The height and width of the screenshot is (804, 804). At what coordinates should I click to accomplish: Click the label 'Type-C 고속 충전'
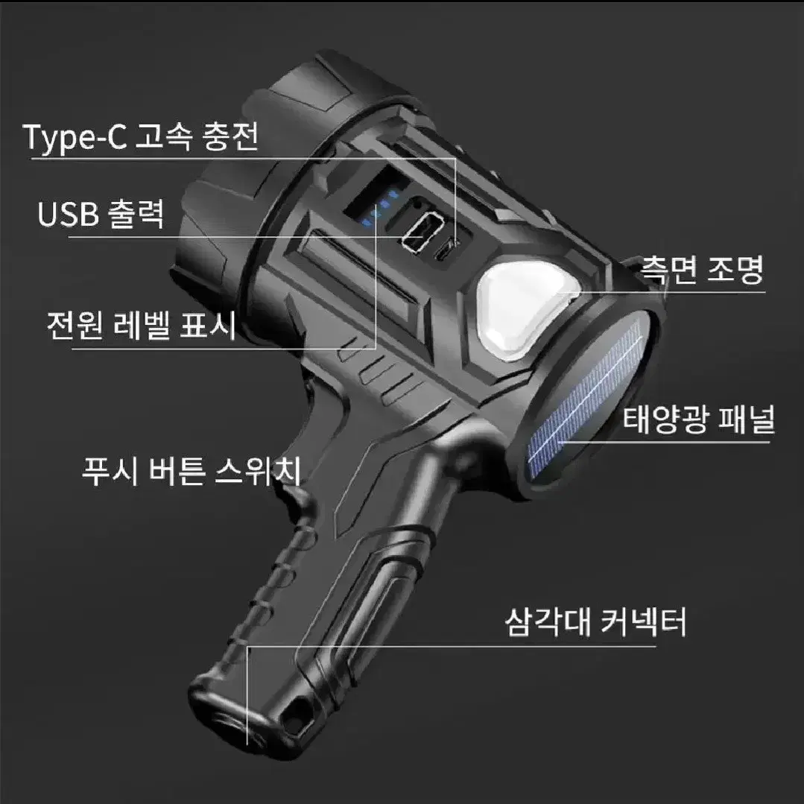point(141,137)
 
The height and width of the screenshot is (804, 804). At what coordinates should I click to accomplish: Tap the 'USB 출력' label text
point(101,213)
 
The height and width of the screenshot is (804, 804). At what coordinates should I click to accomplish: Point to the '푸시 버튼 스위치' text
point(191,470)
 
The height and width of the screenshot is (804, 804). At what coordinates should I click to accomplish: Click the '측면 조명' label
point(703,270)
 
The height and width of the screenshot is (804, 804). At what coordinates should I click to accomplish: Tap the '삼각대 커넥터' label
point(595,622)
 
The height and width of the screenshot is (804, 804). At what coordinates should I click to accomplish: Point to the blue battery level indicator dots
point(379,208)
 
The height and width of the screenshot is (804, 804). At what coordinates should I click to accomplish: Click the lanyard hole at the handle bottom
point(296,716)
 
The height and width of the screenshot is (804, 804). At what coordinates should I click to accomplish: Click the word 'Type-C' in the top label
point(75,138)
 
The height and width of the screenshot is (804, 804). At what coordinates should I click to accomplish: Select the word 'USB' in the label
point(69,214)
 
